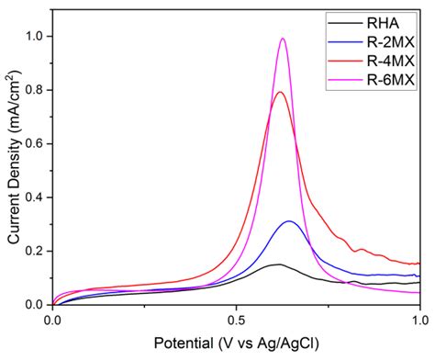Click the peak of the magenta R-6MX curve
(283, 39)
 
